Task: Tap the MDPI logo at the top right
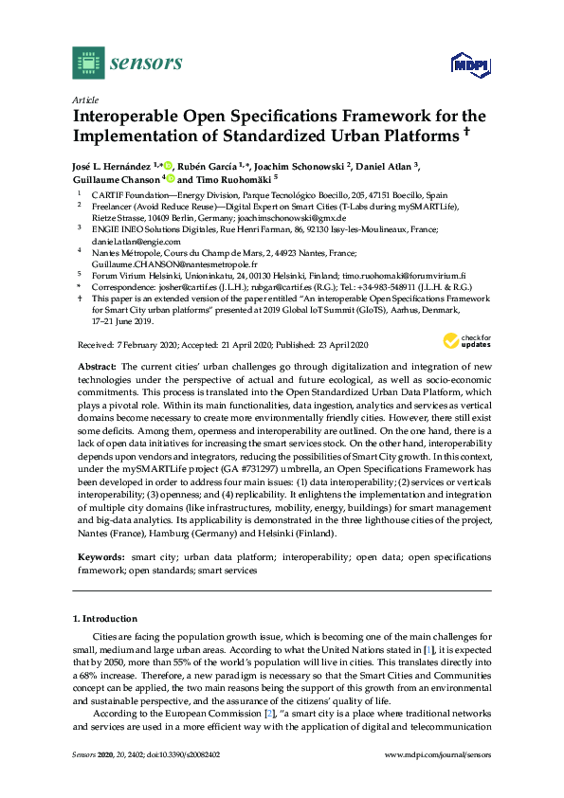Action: pos(470,63)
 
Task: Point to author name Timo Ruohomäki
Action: pos(237,178)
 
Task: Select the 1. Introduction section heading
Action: pos(105,618)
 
